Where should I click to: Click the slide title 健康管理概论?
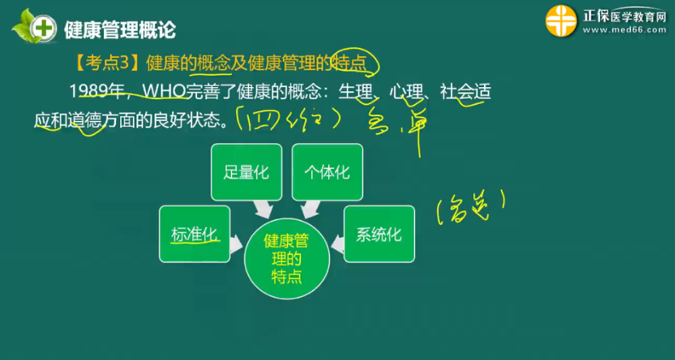(119, 30)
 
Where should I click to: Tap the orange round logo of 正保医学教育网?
(561, 21)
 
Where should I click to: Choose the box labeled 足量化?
(246, 172)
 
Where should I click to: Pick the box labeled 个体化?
(327, 172)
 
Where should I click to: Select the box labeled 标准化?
(194, 234)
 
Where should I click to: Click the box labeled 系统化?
(379, 234)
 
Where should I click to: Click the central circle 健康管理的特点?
(286, 259)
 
